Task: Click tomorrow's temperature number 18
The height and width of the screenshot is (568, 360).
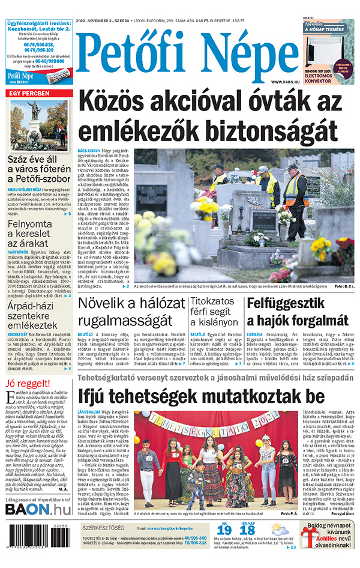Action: pyautogui.click(x=247, y=530)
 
